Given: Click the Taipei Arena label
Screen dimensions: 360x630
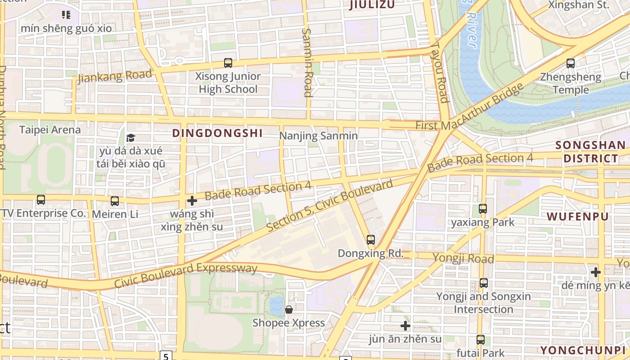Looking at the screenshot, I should click(50, 130).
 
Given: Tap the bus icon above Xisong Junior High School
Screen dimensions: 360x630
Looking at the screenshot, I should click(228, 63).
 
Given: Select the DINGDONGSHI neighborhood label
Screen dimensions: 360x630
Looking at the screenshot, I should click(217, 133).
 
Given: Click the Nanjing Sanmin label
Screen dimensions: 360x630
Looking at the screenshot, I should click(319, 136).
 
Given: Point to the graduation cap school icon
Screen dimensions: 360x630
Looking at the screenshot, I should click(130, 138).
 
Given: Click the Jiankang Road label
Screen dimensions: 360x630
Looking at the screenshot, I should click(115, 76).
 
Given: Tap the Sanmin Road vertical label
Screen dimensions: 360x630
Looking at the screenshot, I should click(307, 63).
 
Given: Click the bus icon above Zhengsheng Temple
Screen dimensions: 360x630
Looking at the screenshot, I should click(571, 63).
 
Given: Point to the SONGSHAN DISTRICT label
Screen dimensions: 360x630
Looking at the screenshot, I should click(590, 152).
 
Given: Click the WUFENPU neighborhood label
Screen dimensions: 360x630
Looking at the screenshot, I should click(577, 216).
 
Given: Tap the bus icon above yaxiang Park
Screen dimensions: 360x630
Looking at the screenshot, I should click(483, 208).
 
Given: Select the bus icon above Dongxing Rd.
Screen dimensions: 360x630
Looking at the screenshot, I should click(370, 240).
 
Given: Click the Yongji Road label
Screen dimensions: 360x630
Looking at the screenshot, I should click(463, 258).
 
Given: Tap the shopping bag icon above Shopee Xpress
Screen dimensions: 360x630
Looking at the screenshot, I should click(288, 310).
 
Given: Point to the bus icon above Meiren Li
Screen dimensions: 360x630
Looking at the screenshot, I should click(115, 201).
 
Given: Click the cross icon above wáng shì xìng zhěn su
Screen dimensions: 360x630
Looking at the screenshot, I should click(192, 200).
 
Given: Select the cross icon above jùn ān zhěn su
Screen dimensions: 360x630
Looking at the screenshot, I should click(405, 325).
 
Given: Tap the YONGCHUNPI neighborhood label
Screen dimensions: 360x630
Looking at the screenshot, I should click(583, 350).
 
